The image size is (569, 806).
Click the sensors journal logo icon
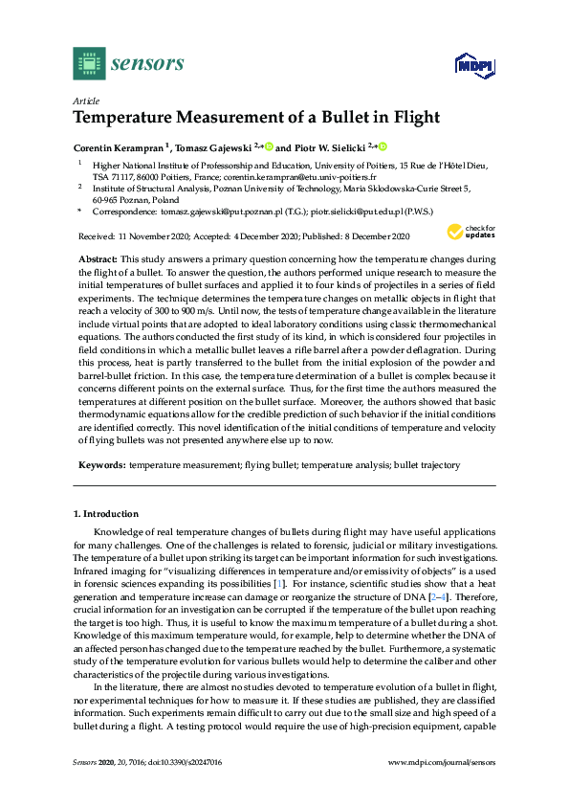point(89,63)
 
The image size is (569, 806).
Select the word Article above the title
point(84,101)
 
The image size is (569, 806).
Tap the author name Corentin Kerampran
point(119,147)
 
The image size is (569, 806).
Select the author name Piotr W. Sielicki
point(331,147)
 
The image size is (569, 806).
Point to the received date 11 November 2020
point(158,235)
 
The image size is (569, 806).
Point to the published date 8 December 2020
point(362,235)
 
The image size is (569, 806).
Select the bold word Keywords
point(101,464)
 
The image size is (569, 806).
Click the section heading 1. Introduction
point(106,515)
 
